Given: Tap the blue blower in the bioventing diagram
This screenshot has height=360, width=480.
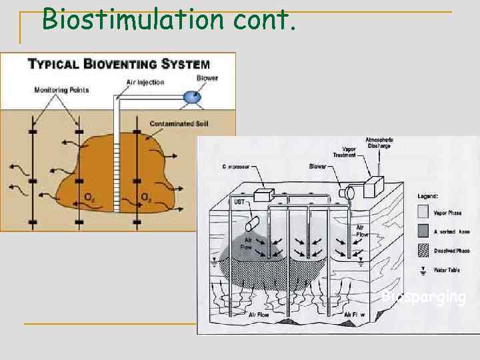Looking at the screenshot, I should pos(193,97).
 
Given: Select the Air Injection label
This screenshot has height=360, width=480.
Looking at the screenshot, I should pos(145,82).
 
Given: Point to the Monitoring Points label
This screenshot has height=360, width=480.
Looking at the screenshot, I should pos(61,90).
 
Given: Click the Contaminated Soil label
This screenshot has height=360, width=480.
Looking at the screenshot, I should pos(177,123).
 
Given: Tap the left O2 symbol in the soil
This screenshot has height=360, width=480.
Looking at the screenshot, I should pos(89,197).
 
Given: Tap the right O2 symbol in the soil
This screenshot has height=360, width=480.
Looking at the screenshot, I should pos(145,197).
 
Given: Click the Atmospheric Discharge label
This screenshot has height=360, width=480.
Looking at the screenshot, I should pos(378,143).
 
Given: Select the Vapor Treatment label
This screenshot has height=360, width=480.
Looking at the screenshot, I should pos(349,153).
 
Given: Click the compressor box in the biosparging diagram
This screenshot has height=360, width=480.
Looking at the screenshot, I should pos(263,194).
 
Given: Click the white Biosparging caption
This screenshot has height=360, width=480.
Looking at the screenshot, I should pos(424,297).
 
